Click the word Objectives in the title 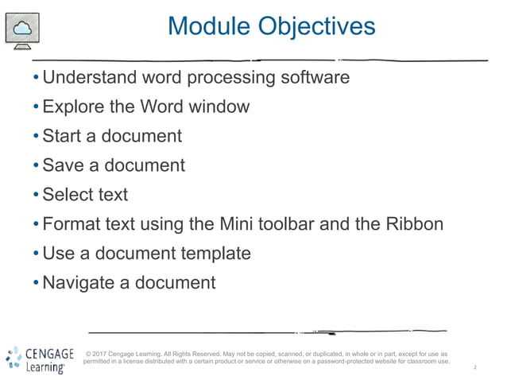coord(316,26)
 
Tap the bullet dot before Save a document coord(36,166)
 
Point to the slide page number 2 coord(474,368)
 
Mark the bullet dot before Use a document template coord(36,254)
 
